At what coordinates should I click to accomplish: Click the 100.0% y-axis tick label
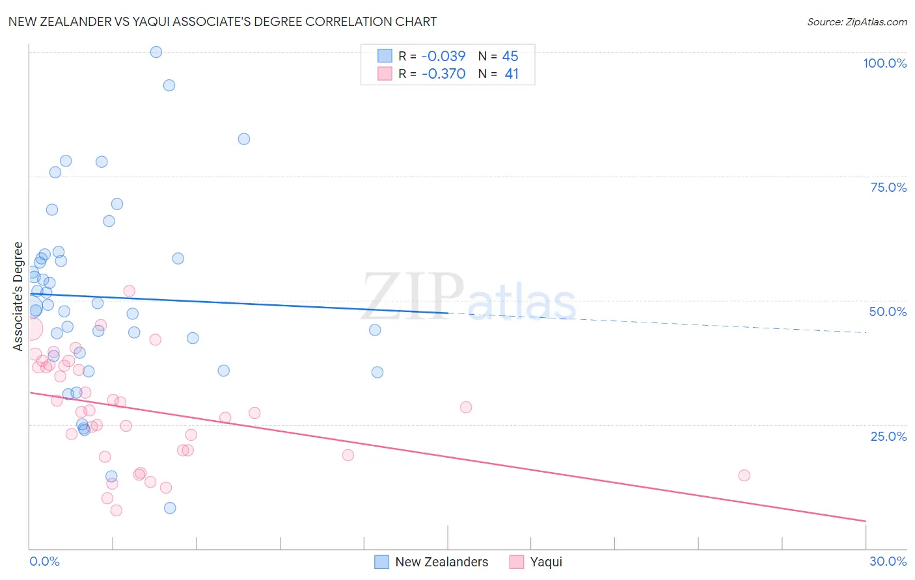click(884, 63)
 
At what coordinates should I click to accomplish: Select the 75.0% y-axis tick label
click(888, 187)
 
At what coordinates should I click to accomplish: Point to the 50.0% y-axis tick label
click(888, 311)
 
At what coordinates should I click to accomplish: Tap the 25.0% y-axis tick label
click(888, 436)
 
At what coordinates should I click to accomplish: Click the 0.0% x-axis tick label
click(44, 561)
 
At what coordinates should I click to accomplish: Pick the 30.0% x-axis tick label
click(888, 561)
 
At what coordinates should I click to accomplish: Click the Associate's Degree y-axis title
click(18, 297)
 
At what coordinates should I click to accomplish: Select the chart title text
click(223, 21)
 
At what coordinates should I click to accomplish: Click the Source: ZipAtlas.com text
click(856, 21)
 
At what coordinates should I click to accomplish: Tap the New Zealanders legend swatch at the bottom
click(382, 562)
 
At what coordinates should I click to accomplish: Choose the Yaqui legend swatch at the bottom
click(517, 562)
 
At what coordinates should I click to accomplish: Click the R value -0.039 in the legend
click(443, 57)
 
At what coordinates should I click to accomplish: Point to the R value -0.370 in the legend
click(443, 74)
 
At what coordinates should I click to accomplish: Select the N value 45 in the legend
click(510, 57)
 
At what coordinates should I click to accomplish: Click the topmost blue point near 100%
click(156, 52)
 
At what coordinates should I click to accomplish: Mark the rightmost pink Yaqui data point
click(744, 475)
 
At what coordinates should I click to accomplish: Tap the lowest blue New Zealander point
click(170, 508)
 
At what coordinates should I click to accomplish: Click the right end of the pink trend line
click(866, 521)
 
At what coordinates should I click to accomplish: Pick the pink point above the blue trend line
click(129, 291)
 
